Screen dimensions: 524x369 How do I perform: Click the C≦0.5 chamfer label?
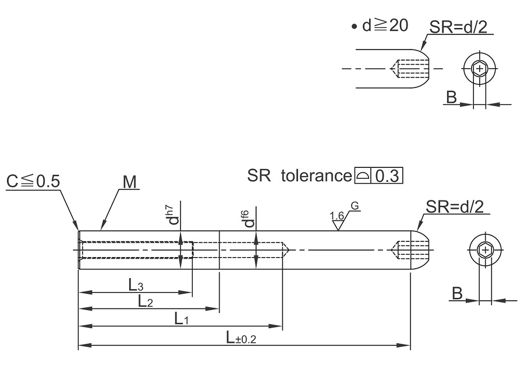33,181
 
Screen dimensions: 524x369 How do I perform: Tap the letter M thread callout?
130,182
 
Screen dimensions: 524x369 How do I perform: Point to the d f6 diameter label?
249,219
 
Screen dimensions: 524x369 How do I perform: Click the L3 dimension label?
136,285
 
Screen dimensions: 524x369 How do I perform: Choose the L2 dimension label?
146,301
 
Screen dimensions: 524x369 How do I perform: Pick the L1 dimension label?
182,319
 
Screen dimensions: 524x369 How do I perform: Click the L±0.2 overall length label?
241,338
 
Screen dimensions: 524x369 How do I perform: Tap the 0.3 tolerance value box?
387,175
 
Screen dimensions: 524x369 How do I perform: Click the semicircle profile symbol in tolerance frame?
362,175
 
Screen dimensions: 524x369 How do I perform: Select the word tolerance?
316,175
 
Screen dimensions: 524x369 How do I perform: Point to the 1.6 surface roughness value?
337,216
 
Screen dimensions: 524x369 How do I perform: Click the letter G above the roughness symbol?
355,206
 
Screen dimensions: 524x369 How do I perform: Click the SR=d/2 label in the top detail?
459,27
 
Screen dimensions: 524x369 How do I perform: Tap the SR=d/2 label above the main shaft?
455,207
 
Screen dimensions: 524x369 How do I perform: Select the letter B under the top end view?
451,97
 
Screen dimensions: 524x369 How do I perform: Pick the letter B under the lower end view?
457,293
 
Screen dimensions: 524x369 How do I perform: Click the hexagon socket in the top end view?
480,69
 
